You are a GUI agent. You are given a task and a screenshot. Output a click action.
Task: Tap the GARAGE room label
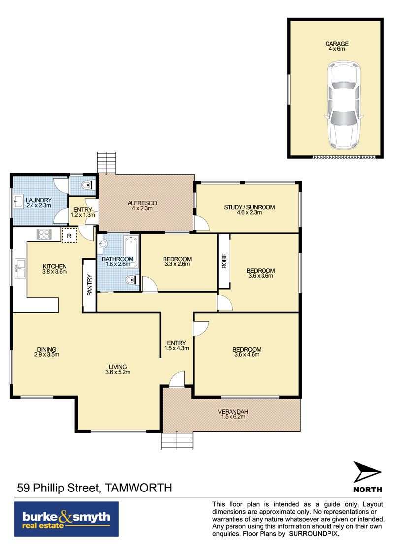point(337,44)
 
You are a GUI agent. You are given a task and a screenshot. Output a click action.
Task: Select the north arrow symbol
point(367,472)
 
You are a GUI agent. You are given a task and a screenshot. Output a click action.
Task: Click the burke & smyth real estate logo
point(66,519)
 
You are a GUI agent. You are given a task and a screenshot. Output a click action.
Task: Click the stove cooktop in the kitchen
point(44,234)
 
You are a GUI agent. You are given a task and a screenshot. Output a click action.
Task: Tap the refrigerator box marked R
point(69,235)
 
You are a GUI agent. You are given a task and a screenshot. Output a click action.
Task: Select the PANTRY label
point(89,285)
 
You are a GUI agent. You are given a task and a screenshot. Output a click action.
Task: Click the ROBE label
point(224,261)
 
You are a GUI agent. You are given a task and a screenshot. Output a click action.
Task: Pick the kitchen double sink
point(20,268)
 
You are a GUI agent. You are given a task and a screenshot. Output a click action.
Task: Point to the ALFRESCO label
point(142,203)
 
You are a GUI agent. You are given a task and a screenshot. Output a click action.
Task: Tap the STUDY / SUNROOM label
point(249,207)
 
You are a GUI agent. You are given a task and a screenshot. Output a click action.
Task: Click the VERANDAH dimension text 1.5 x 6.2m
point(233,417)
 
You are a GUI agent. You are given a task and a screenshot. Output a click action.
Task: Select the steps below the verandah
point(177,441)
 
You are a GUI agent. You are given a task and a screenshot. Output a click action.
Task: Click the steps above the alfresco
point(106,163)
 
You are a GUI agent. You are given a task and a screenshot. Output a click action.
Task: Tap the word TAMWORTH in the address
point(139,488)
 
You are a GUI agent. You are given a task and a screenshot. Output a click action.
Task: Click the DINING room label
point(46,349)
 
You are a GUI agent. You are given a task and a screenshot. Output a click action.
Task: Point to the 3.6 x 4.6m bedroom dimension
point(247,355)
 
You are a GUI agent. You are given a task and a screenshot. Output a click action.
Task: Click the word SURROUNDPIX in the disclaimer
point(314,534)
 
